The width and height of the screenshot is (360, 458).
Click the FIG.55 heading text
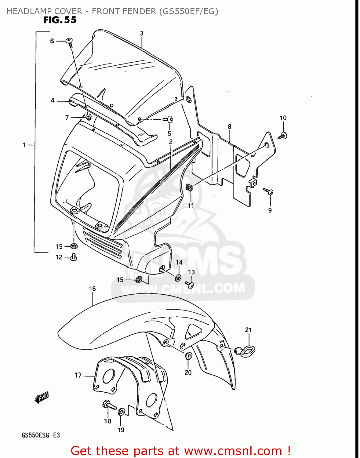click(x=60, y=20)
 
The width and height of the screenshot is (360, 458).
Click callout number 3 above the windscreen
click(x=142, y=34)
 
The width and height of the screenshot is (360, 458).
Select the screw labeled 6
click(x=70, y=42)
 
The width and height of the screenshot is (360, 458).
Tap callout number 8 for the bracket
click(x=230, y=126)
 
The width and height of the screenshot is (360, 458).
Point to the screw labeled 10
click(x=283, y=135)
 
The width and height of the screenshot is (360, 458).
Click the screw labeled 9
click(x=269, y=191)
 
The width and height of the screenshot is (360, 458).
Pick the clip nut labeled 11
click(x=189, y=187)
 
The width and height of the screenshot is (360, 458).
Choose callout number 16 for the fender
click(x=93, y=289)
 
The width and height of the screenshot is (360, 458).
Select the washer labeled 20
click(x=188, y=356)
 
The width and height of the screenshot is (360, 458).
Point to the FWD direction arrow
click(x=42, y=397)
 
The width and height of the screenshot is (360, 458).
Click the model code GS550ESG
click(x=35, y=435)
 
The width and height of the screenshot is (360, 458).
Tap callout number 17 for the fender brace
click(x=78, y=375)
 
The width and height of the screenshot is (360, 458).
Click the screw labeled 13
click(x=190, y=285)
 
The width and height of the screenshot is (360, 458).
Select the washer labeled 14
click(x=178, y=278)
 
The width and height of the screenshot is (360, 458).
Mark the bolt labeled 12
click(x=74, y=257)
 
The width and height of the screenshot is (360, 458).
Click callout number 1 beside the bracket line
click(x=24, y=145)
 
